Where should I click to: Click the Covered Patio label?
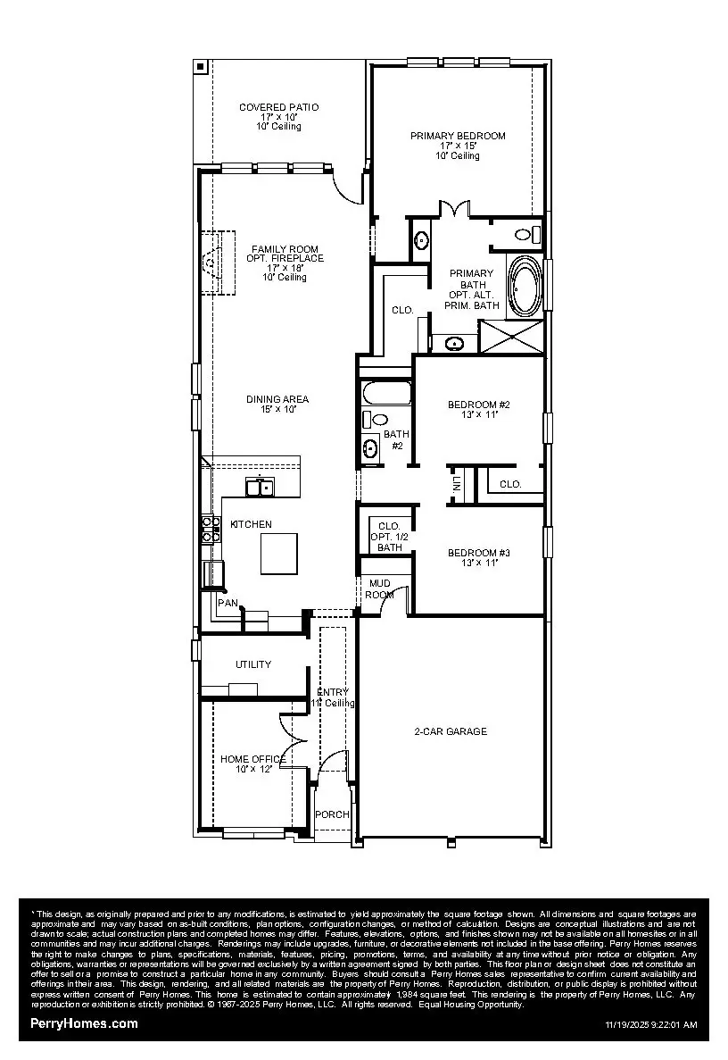click(x=278, y=116)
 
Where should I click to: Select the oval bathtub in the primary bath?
click(x=524, y=286)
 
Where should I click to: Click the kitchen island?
click(x=279, y=553)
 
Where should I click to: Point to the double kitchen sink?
click(x=260, y=488)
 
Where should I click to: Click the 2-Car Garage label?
click(x=451, y=731)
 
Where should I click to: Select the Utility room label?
click(x=253, y=664)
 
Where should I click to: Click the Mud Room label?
click(x=380, y=588)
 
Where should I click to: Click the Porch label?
click(x=332, y=814)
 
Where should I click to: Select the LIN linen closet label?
click(x=457, y=484)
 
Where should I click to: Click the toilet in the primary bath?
click(x=526, y=235)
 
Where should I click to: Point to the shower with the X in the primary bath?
click(x=511, y=338)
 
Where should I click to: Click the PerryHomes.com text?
click(x=84, y=1023)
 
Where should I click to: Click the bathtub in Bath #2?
click(x=385, y=394)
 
